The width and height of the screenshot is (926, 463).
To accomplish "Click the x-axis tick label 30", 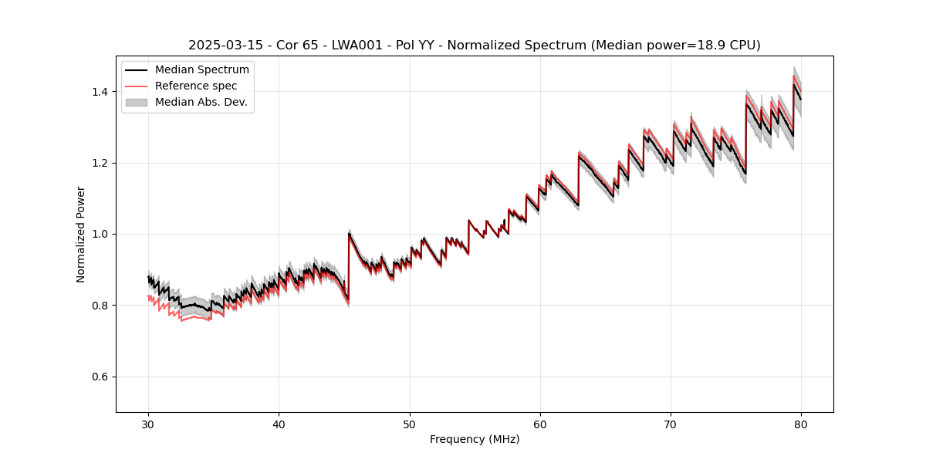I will [x=148, y=424].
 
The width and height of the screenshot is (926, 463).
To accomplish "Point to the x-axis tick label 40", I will [x=279, y=424].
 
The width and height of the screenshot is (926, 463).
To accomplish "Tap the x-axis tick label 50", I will [x=409, y=424].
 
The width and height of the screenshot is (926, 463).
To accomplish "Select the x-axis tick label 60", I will [x=540, y=424].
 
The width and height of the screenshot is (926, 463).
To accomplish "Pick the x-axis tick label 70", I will [x=671, y=424].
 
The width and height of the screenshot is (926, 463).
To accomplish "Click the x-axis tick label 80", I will [x=801, y=424].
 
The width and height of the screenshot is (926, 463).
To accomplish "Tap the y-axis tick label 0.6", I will [x=100, y=377].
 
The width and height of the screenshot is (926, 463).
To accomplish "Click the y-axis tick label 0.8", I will [x=100, y=306].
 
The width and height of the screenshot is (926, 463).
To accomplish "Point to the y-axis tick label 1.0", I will [x=100, y=234].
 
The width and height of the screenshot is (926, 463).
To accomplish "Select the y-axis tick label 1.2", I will [x=100, y=163].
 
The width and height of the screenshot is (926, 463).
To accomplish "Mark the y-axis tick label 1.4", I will [x=100, y=92].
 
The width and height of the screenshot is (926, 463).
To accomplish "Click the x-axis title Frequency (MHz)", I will [x=475, y=439].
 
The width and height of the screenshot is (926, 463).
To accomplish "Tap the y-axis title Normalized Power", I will [x=81, y=234].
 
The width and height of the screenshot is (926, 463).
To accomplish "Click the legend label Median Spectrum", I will [x=201, y=70].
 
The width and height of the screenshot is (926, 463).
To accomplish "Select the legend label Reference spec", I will [x=196, y=86].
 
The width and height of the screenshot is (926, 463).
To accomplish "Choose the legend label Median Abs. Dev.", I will [x=201, y=102].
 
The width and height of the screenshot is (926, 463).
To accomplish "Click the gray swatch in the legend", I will [x=136, y=102].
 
